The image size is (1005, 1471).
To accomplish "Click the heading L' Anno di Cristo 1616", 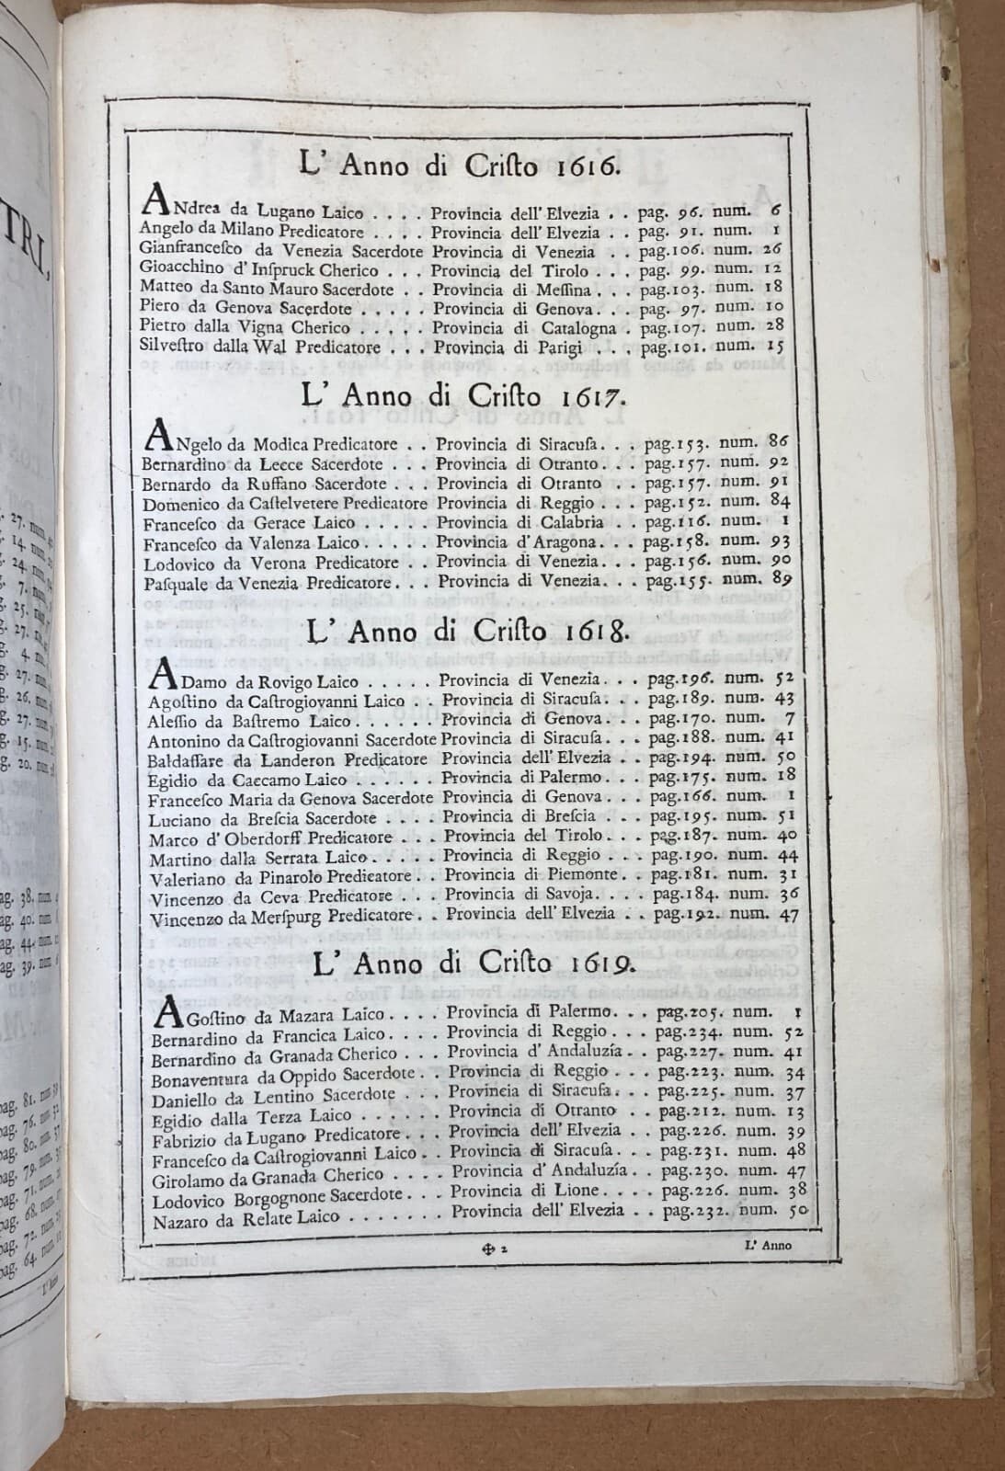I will click(460, 167).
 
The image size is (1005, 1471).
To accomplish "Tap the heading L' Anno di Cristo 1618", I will click(467, 634).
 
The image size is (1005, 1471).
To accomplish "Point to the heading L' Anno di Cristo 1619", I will click(472, 963).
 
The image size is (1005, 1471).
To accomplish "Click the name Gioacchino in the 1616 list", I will click(176, 269).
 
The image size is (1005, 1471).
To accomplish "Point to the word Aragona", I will click(569, 541).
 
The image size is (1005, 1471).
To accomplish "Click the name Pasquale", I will click(174, 581).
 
